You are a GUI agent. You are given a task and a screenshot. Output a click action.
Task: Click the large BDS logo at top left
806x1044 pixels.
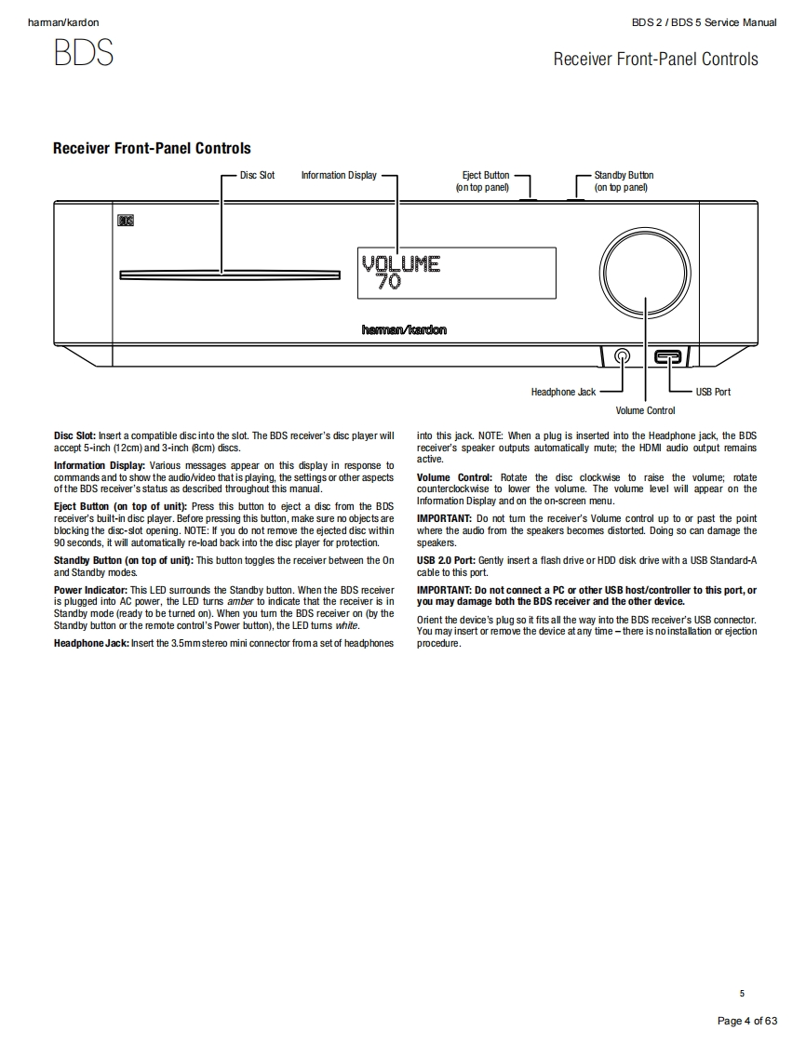click(84, 53)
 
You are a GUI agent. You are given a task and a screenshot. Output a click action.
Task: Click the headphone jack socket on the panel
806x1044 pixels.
click(622, 355)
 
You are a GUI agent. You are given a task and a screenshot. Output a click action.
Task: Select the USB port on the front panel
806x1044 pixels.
click(668, 355)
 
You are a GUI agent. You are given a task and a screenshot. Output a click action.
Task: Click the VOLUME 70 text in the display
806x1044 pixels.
click(400, 271)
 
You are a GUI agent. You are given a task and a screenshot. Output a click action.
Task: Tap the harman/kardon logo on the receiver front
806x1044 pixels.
click(404, 329)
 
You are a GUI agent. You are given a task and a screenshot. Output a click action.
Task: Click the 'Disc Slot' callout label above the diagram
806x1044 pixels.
click(257, 175)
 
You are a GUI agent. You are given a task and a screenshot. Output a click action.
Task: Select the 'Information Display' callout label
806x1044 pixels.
click(339, 175)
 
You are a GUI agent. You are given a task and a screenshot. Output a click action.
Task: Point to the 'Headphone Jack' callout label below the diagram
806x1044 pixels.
click(563, 392)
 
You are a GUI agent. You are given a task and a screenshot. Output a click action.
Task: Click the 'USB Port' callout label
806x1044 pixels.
click(713, 392)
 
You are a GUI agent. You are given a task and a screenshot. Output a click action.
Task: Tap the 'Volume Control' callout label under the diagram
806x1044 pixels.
click(645, 410)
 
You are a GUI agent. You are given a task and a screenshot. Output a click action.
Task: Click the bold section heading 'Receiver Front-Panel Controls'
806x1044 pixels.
click(152, 148)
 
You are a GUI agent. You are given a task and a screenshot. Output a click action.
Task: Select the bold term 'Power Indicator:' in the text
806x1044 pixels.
click(90, 590)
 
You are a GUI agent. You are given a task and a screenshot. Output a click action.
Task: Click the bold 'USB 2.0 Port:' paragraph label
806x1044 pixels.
click(446, 560)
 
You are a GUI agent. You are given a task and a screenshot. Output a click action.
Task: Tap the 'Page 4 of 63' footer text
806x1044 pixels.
click(746, 1021)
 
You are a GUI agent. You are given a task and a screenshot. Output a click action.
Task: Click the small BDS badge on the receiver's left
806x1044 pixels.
click(126, 221)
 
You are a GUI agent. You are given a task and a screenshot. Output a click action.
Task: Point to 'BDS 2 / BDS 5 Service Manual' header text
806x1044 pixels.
click(704, 22)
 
